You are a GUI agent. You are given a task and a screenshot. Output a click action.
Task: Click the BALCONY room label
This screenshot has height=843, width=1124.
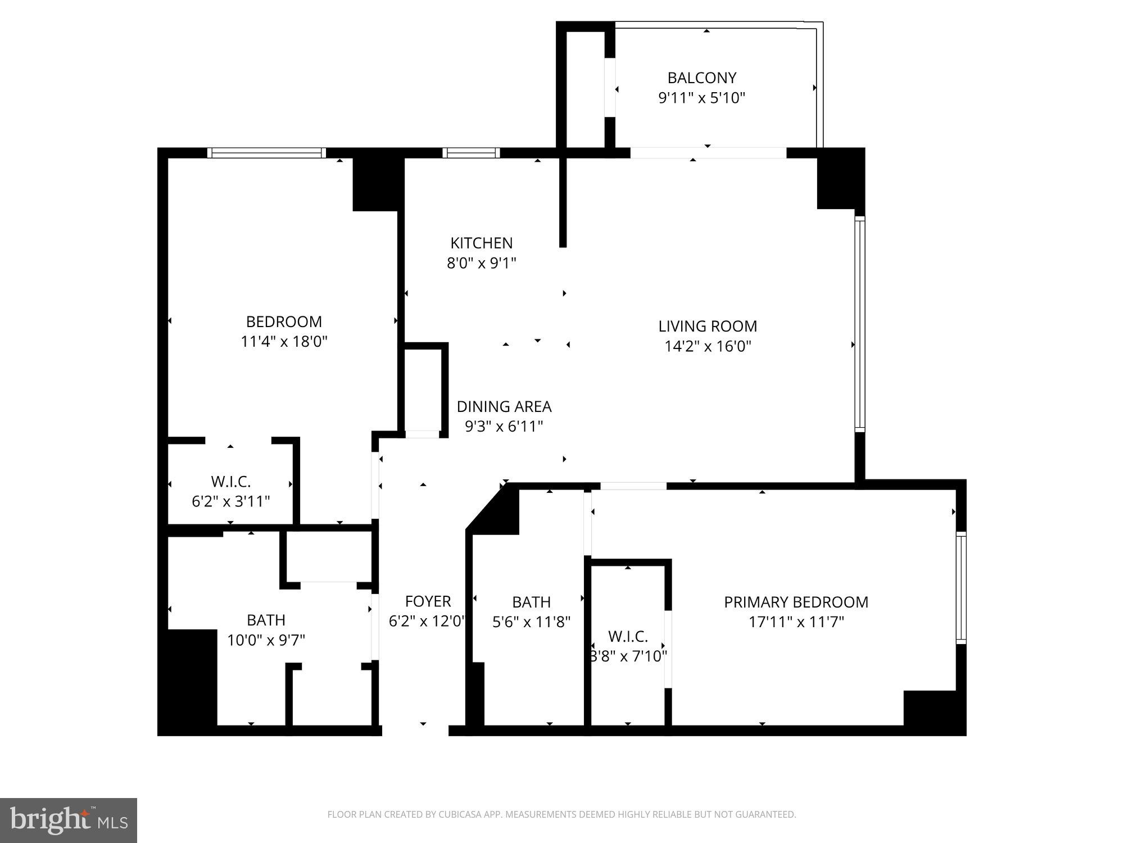[x=701, y=78]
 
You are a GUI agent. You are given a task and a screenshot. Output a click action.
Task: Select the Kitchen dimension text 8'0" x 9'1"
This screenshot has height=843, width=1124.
[x=481, y=263]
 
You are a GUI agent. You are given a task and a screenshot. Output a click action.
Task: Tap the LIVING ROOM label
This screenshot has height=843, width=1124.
[x=708, y=326]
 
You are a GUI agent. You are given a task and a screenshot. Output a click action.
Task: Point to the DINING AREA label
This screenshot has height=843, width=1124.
[x=504, y=406]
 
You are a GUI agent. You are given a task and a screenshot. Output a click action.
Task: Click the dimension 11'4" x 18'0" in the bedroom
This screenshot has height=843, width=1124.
[x=284, y=342]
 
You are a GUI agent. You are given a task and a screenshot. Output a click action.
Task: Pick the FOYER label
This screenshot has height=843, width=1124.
[x=428, y=601]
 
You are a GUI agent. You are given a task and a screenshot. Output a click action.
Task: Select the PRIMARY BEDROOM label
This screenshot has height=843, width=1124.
[x=796, y=602]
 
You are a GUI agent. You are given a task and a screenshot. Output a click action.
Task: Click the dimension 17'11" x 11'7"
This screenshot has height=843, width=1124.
[x=796, y=622]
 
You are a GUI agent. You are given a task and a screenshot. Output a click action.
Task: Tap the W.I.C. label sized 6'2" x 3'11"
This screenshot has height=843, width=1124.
[x=230, y=482]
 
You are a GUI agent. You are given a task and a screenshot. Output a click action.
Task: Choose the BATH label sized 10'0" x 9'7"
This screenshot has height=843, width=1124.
[x=266, y=620]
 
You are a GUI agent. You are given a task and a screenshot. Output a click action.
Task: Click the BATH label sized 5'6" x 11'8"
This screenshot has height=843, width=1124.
[x=531, y=602]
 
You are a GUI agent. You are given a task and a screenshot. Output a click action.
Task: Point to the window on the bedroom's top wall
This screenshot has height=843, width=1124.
[x=266, y=153]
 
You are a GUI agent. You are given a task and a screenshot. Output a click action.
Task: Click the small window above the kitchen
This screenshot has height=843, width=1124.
[x=471, y=153]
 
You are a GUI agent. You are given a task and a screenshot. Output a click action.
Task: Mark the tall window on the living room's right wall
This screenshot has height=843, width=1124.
[x=859, y=324]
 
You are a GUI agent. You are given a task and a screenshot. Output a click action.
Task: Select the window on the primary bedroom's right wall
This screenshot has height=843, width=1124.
[x=961, y=588]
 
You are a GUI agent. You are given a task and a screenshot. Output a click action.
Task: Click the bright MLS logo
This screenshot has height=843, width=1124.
[x=69, y=821]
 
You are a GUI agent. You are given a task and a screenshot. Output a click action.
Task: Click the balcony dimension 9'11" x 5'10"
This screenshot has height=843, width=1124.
[x=701, y=98]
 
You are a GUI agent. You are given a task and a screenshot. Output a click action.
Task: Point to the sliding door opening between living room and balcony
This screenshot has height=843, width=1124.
[x=708, y=153]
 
